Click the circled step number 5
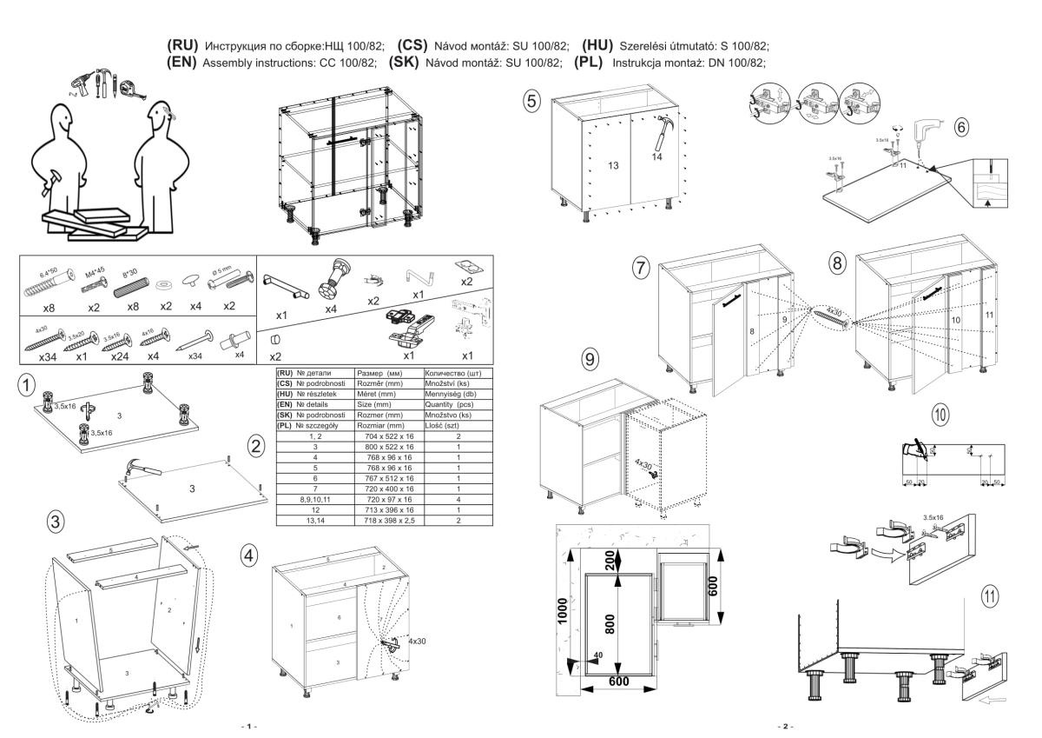[531, 102]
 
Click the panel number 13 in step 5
[613, 165]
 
